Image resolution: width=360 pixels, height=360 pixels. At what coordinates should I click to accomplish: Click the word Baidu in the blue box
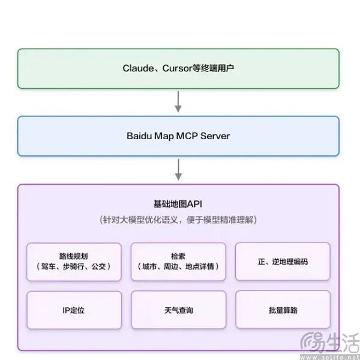click(140, 136)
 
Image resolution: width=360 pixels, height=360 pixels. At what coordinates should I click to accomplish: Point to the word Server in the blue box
click(215, 136)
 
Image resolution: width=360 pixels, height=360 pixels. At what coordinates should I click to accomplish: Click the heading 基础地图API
click(178, 204)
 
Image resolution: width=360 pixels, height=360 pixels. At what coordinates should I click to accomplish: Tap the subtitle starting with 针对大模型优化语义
click(178, 220)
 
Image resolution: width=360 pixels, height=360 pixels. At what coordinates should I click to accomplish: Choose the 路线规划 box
click(74, 261)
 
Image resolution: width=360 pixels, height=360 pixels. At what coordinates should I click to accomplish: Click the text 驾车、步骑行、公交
click(74, 266)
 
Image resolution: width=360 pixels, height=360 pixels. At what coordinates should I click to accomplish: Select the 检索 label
click(178, 256)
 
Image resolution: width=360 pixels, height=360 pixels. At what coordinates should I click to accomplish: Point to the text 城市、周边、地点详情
click(178, 266)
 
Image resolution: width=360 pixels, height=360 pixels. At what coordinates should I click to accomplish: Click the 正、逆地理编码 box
click(283, 262)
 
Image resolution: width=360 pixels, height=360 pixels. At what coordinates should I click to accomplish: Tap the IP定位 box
click(74, 310)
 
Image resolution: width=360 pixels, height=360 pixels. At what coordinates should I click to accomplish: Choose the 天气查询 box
click(178, 310)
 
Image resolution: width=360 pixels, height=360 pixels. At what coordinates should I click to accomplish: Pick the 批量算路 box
click(283, 310)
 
